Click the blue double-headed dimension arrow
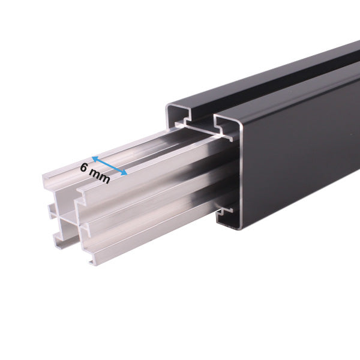pyautogui.click(x=109, y=167)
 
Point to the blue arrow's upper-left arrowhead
pyautogui.click(x=95, y=160)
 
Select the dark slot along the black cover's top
pyautogui.click(x=282, y=84)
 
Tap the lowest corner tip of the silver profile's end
pyautogui.click(x=91, y=263)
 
